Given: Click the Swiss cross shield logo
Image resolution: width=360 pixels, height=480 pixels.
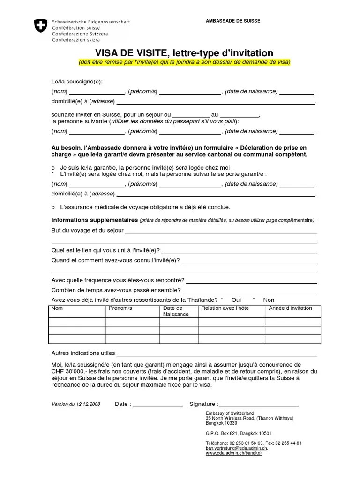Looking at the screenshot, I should coord(41,25).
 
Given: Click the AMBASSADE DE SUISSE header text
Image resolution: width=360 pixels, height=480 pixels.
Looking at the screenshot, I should coord(233,21).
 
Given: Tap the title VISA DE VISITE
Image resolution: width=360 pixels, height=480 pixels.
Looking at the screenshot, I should coord(136,53).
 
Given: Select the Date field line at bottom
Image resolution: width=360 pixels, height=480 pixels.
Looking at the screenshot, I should coord(159,406).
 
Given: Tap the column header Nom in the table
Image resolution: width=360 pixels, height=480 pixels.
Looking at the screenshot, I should coord(57,308).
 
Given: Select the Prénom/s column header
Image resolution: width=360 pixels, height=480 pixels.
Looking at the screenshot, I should coord(120,308).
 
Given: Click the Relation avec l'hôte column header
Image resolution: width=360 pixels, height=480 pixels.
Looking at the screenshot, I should coord(225,308).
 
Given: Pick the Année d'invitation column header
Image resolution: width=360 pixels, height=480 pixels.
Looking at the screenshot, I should coord(290,308).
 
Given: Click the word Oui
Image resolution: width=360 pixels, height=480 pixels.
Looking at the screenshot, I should coord(236,300).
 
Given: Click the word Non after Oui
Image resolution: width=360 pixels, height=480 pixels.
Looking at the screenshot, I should coord(269,300).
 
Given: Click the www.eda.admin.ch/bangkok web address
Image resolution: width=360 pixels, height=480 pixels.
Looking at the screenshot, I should coord(234,453).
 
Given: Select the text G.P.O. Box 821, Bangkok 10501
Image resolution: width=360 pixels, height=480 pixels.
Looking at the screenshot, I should coord(238,434).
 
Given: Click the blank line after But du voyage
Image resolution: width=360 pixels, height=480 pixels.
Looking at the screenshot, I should coord(221,232).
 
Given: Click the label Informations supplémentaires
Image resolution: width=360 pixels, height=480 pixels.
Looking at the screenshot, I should coord(95,220).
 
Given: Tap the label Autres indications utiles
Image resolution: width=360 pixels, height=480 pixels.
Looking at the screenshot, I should coord(83,353).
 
